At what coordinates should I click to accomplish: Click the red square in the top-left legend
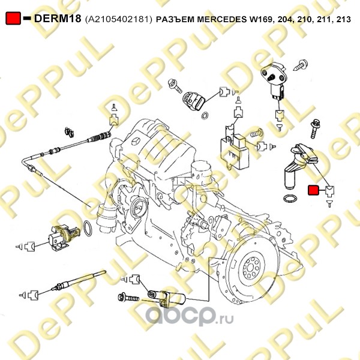13,19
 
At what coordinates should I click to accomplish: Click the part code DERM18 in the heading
58,19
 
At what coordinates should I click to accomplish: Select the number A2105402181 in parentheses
118,19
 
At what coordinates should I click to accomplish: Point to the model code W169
260,20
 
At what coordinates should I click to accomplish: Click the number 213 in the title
343,19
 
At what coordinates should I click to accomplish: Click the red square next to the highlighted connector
313,190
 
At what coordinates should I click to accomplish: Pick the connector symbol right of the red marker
329,191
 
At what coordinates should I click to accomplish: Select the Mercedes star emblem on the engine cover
136,142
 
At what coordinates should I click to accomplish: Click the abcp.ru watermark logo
190,316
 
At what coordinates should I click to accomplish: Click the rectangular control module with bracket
235,150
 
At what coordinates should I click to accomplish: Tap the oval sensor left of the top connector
194,100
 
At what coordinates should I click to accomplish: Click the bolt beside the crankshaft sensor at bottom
128,298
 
